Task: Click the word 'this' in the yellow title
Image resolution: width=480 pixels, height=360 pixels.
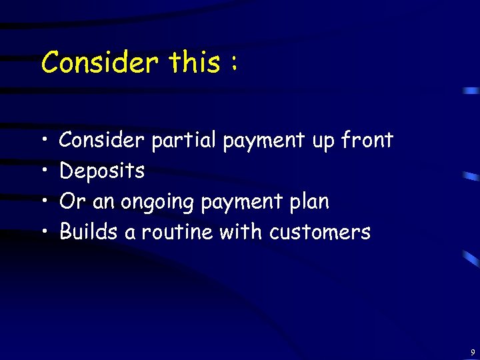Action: pos(193,63)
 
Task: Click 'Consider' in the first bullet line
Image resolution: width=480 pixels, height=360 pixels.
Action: pos(102,141)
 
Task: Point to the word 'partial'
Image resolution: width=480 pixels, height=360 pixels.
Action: pos(185,141)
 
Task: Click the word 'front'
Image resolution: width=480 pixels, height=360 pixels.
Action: pos(367,141)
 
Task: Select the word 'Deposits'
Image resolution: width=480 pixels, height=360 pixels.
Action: pos(102,171)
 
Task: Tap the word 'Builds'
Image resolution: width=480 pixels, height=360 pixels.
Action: pos(85,232)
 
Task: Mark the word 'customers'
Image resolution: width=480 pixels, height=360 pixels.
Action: pos(320,233)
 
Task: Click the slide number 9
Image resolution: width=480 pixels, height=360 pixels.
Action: pos(472,351)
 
